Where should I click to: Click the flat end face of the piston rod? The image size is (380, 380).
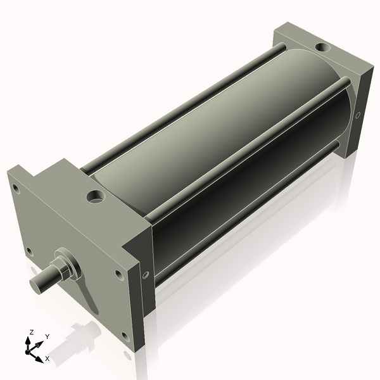37,285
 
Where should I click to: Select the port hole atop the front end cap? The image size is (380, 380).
96,197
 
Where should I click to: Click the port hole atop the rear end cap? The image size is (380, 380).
324,47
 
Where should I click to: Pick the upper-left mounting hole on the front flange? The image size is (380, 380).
16,189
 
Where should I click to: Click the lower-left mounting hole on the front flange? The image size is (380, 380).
29,252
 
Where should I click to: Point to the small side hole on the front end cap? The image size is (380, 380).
146,275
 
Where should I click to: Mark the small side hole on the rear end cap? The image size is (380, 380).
358,115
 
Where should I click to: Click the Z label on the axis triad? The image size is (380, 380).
31,332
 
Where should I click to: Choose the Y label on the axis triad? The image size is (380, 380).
47,337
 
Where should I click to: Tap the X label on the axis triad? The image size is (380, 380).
47,358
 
